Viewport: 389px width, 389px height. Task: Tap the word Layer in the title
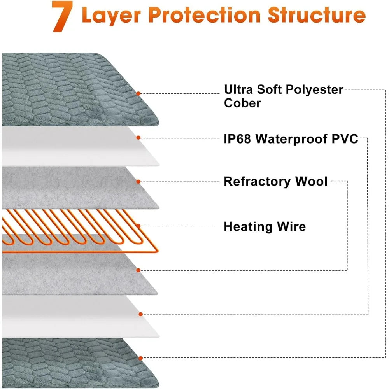coord(111,16)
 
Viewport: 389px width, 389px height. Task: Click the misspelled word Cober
coord(242,103)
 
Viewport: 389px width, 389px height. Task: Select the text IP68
coord(237,139)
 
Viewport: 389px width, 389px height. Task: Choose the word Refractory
coord(257,181)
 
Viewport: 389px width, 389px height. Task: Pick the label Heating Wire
coord(265,226)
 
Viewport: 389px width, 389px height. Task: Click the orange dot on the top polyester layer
coord(138,93)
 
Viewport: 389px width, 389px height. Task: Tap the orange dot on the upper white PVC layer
coord(138,137)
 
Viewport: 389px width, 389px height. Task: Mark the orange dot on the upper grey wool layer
coord(138,181)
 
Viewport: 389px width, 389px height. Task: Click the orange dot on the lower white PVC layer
coord(140,314)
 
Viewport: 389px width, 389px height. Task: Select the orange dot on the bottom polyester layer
coord(140,358)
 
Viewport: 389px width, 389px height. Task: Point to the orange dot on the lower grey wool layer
coord(138,270)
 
